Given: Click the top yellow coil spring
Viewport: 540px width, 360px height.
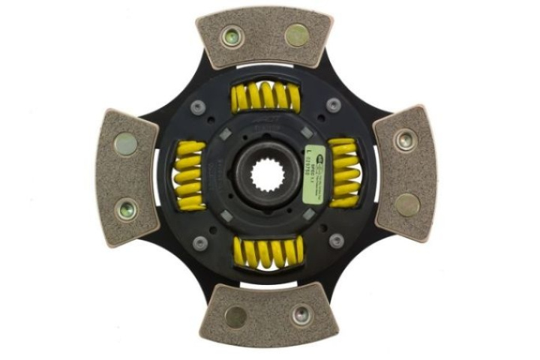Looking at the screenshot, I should tap(264, 96).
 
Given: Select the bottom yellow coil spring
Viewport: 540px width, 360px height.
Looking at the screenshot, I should tap(268, 252).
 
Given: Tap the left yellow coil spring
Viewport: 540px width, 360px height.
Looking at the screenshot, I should tap(188, 174).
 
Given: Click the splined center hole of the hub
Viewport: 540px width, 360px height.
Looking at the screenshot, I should tap(264, 175).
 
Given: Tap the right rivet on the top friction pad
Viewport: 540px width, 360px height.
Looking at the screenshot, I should tap(298, 34).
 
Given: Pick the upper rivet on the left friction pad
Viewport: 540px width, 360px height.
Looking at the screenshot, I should tap(126, 143).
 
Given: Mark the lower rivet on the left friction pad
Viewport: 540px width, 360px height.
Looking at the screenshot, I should tap(127, 209).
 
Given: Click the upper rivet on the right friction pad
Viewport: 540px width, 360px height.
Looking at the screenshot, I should tap(406, 138).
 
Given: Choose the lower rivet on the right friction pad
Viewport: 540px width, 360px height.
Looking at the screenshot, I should tap(406, 204).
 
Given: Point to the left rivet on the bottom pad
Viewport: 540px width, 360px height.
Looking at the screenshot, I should tap(235, 316).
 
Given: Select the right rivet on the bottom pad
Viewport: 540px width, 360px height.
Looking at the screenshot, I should tap(302, 315).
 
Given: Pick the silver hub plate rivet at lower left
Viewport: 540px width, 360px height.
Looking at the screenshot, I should tap(199, 242).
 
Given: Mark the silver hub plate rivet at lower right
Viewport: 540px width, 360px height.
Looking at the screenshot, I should tap(336, 241).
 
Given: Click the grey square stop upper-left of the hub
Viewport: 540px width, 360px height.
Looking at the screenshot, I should tap(226, 135).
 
